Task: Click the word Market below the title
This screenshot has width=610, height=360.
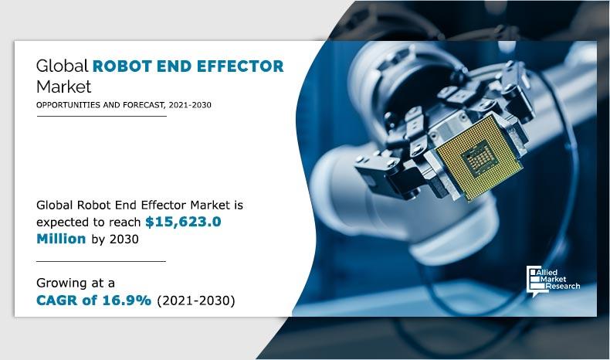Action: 64,86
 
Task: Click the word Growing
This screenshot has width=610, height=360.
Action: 63,282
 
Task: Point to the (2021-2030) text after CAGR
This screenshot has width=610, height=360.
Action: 195,300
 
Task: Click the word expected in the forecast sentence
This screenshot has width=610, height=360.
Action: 65,222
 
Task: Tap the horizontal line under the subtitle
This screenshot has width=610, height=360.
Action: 101,116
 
